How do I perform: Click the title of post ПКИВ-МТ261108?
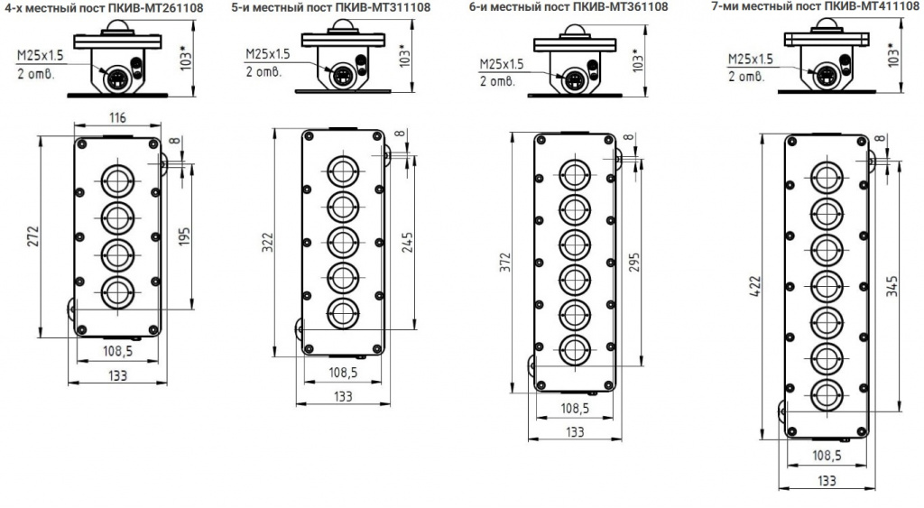click(103, 7)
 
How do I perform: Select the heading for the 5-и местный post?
click(331, 7)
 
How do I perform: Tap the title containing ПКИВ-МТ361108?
click(568, 7)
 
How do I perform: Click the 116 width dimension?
click(118, 117)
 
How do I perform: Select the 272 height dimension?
click(33, 236)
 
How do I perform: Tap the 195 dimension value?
click(184, 237)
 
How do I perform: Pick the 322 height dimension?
click(267, 242)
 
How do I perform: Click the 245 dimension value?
click(407, 242)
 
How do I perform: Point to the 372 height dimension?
click(505, 263)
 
